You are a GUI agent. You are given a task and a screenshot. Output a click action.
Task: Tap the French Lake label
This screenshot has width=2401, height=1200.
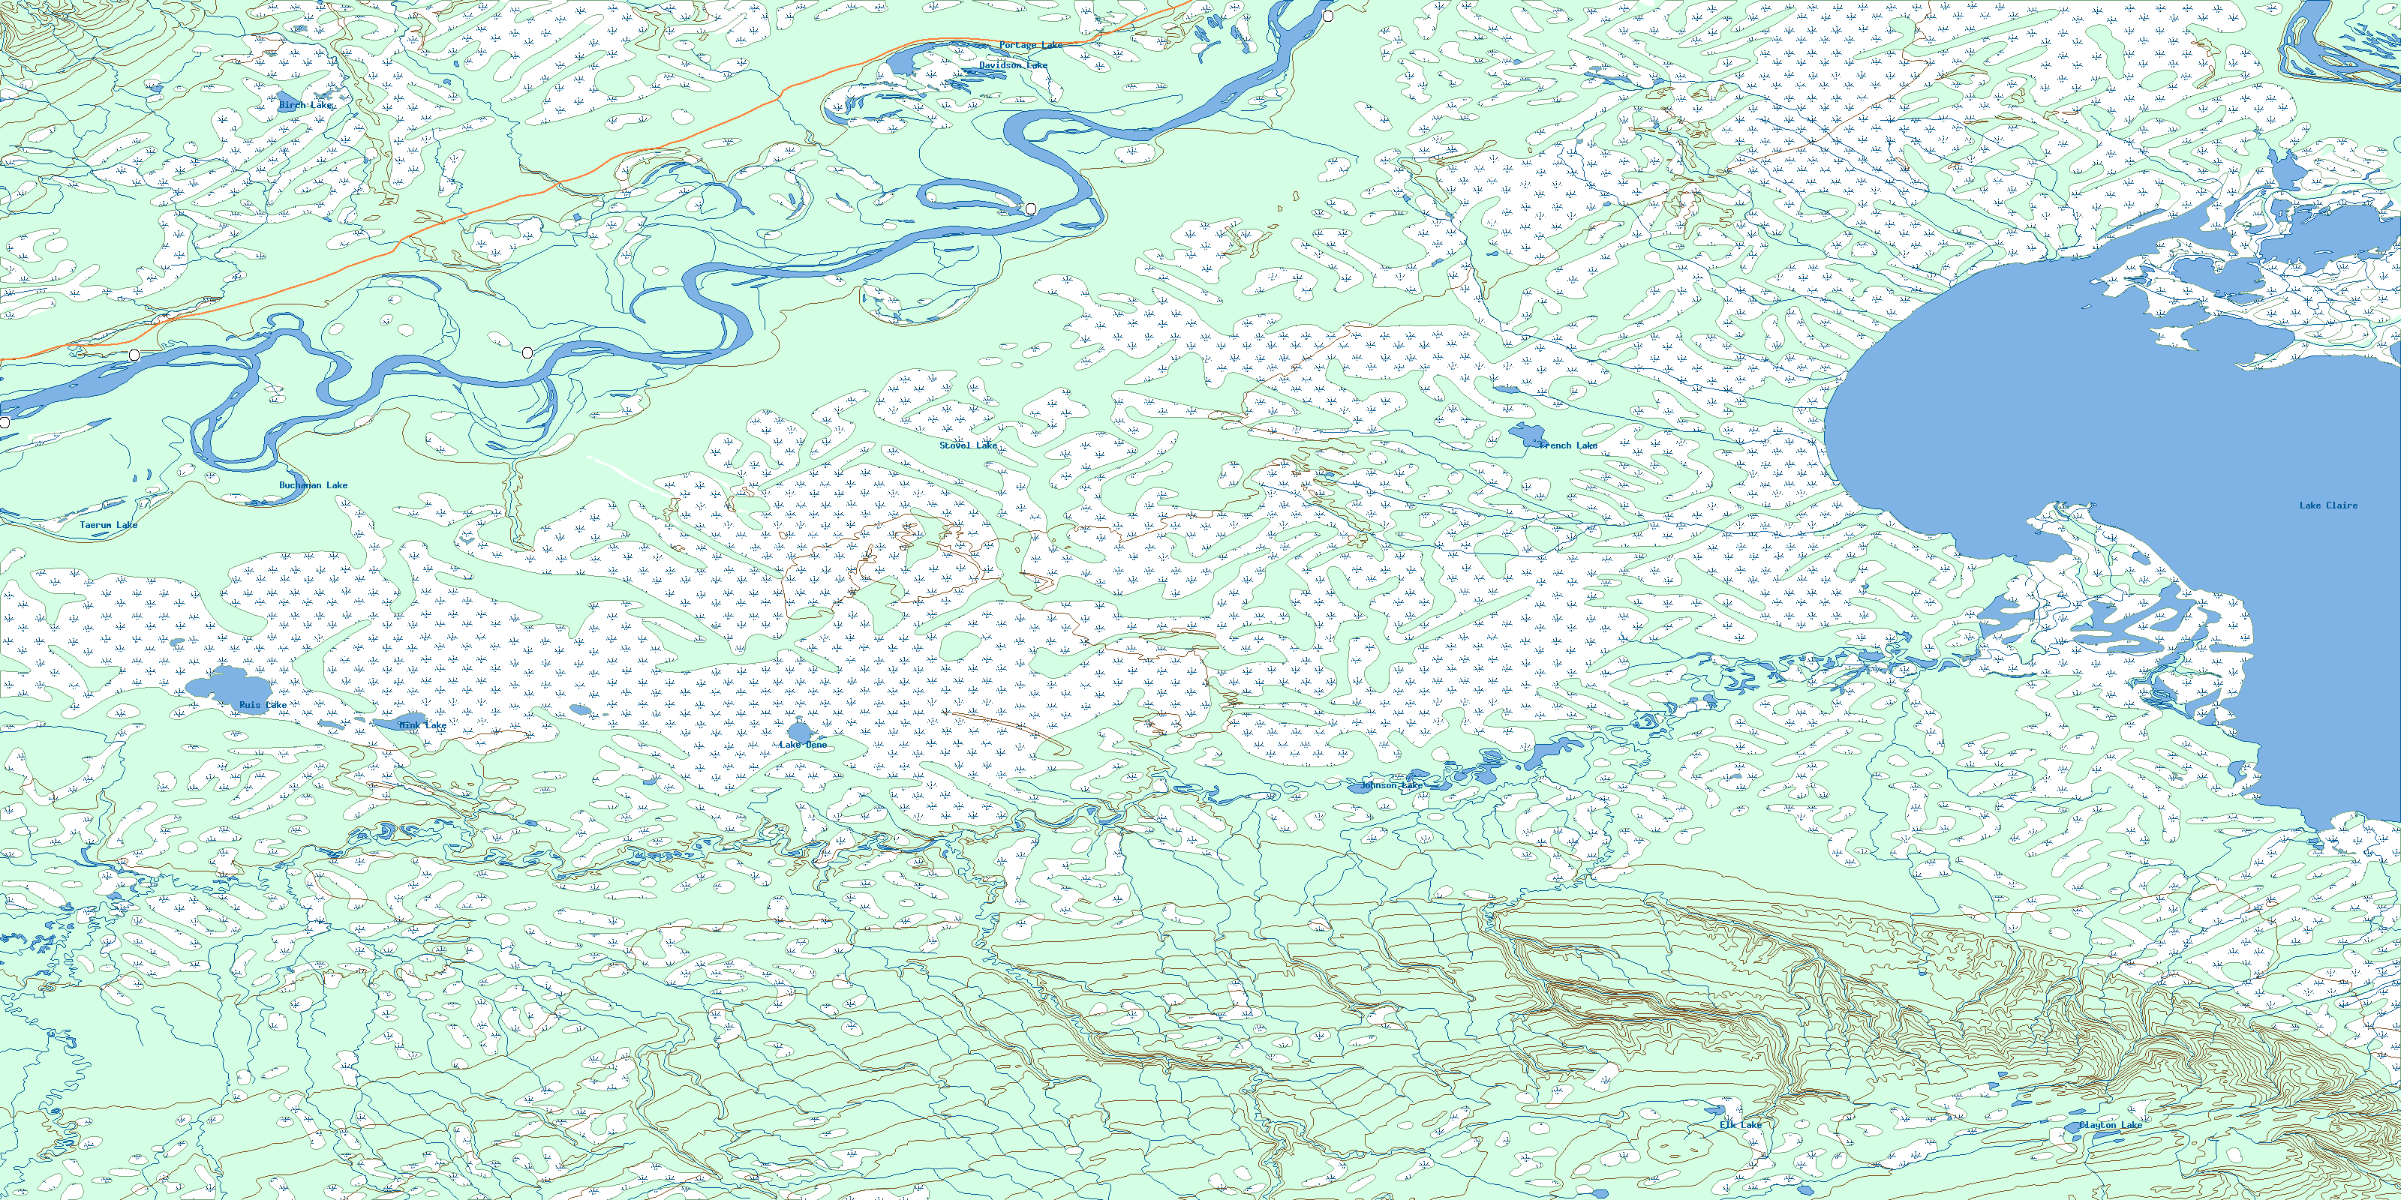pos(1567,445)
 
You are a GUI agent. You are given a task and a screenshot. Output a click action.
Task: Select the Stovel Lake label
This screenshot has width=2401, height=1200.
pos(967,445)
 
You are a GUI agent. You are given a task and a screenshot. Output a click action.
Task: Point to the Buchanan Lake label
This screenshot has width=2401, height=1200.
pos(313,485)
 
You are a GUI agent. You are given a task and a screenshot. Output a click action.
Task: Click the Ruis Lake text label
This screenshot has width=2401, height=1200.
pos(263,705)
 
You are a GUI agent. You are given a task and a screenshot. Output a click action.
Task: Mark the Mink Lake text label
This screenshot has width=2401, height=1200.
pos(423,724)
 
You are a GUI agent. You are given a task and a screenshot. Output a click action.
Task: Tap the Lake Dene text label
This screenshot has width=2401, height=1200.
pos(803,745)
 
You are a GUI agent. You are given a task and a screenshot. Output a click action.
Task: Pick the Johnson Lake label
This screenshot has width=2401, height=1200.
pos(1390,785)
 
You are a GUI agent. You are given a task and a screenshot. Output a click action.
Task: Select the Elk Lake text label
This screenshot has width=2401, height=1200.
pos(1740,1124)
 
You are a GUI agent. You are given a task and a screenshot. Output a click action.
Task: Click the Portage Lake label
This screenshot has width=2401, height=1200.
pos(1031,46)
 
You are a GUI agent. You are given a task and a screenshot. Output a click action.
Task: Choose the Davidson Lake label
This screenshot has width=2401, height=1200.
pos(1013,65)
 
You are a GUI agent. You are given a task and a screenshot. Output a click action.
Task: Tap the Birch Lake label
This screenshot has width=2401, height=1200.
pos(305,105)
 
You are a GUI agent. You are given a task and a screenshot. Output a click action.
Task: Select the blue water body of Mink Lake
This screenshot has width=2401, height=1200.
pos(389,723)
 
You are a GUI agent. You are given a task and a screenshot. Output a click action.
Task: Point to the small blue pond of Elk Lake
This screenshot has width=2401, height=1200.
pos(1713,1111)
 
